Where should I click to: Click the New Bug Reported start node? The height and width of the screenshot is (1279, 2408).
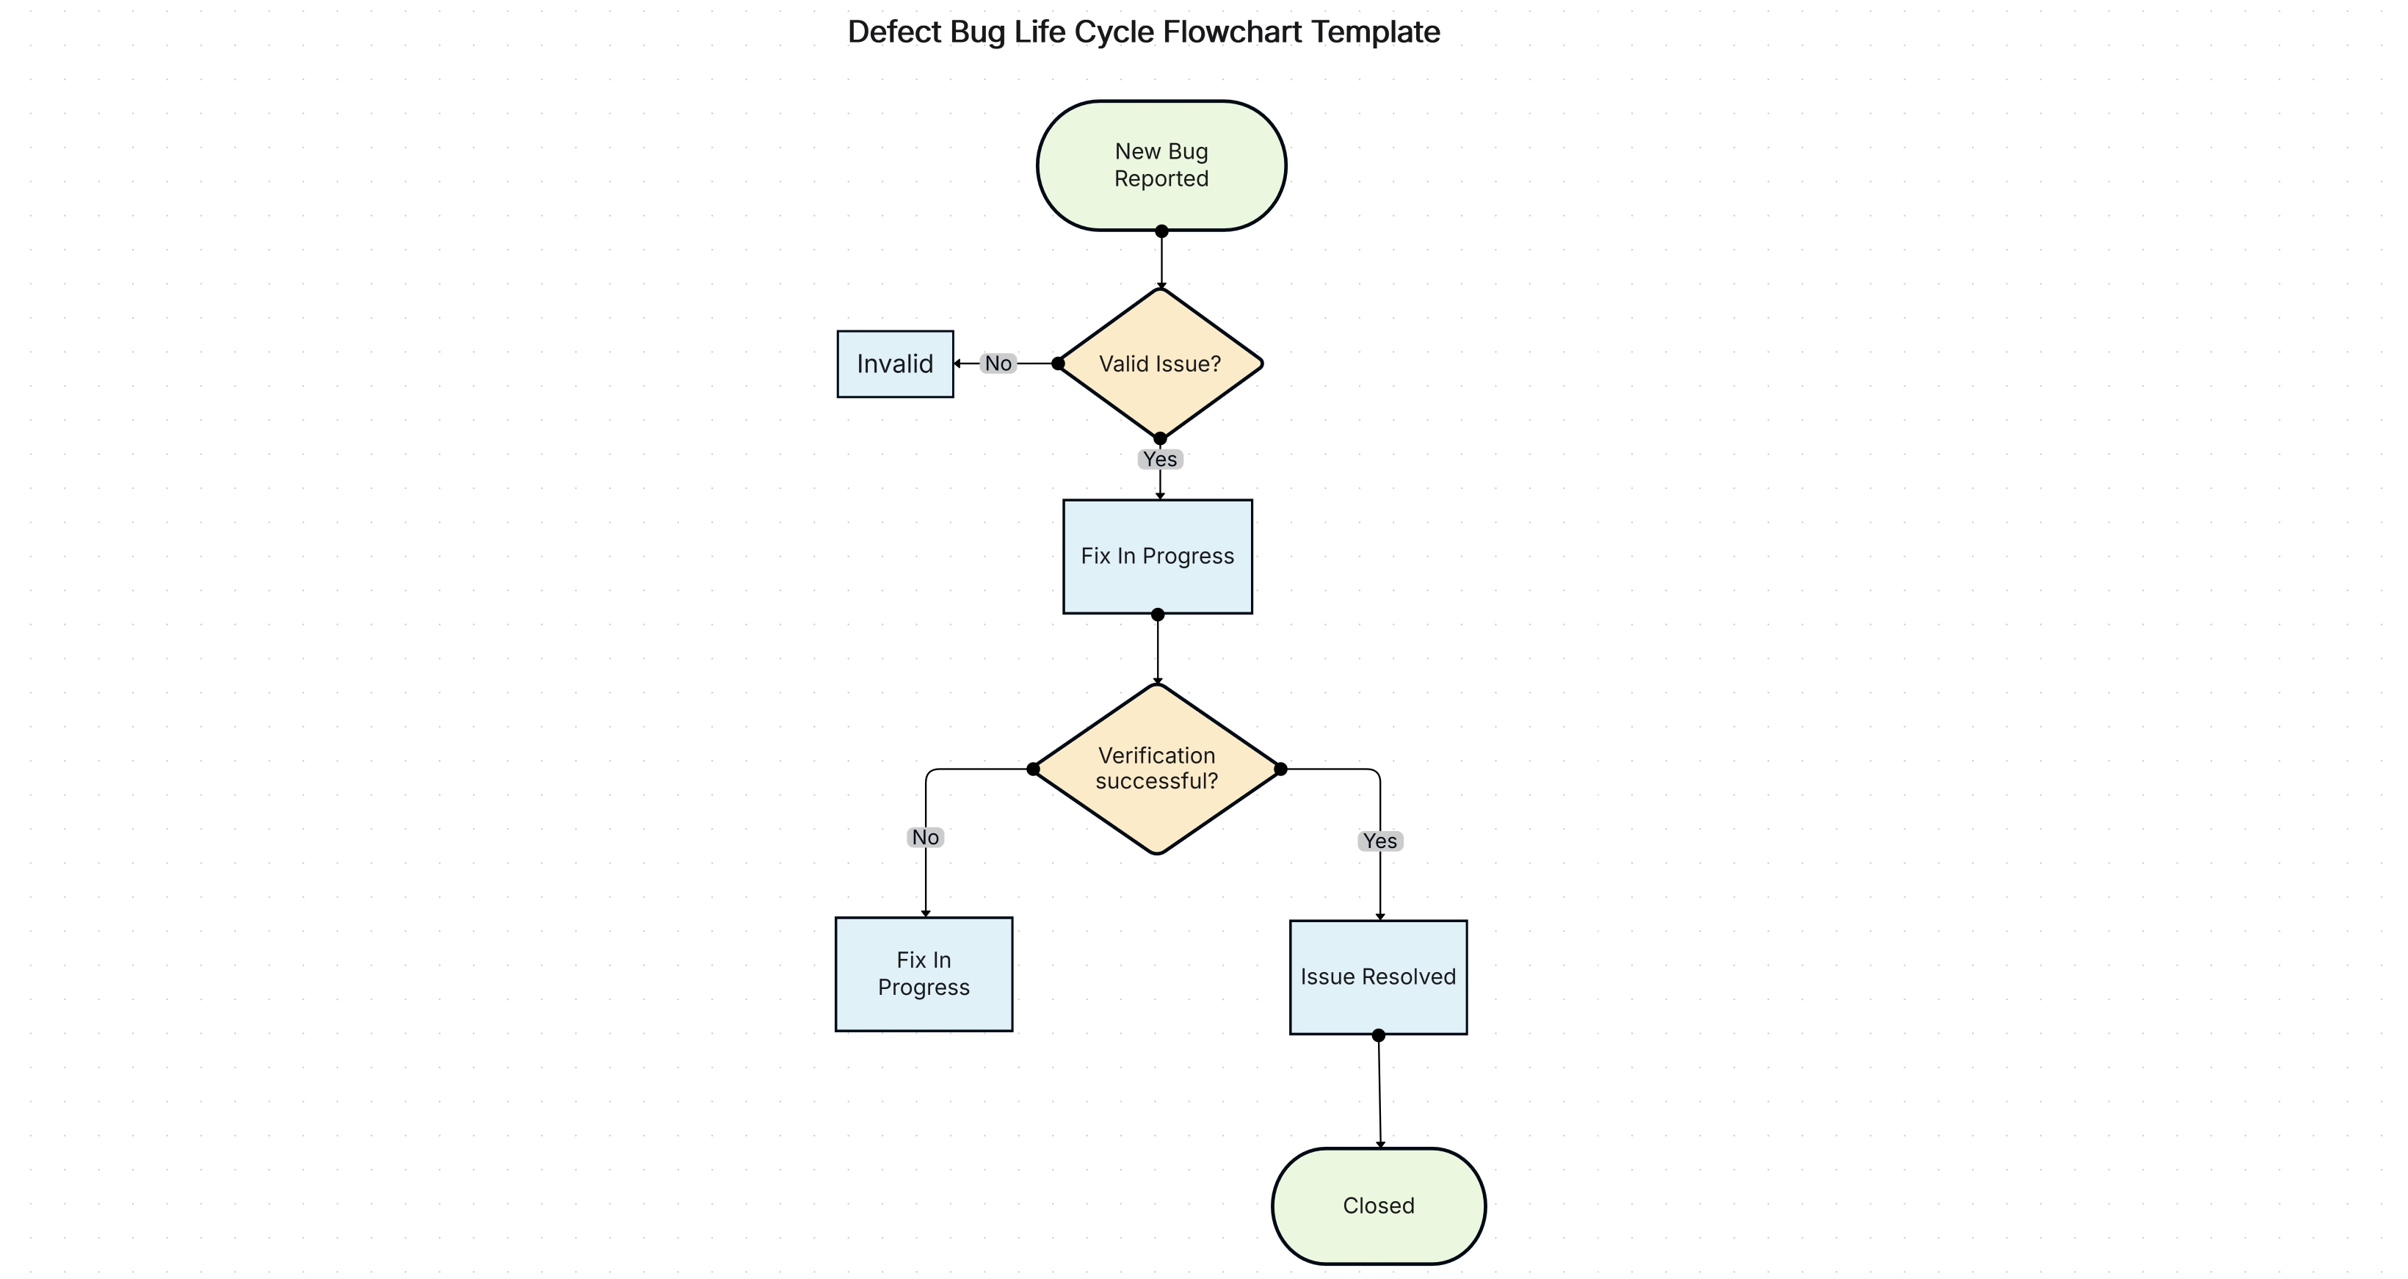click(1161, 165)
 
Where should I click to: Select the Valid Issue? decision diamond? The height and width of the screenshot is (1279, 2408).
click(1159, 363)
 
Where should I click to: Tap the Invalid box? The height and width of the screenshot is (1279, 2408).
click(895, 363)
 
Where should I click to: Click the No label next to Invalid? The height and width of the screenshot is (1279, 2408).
click(998, 363)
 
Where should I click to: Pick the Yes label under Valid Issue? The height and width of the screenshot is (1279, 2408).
click(1160, 459)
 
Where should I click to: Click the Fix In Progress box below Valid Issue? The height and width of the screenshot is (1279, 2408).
click(1157, 557)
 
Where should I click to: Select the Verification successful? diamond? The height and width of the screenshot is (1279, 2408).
click(1156, 769)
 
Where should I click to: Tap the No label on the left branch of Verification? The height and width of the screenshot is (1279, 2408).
click(926, 837)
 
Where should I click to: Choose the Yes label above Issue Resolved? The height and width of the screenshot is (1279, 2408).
click(1379, 841)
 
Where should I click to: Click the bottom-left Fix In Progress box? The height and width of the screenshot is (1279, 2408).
click(924, 974)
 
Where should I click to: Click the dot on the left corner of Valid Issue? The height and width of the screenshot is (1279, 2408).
click(1058, 363)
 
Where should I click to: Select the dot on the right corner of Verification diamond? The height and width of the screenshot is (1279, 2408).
click(1280, 769)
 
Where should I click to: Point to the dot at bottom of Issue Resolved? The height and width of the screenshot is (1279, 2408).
click(1378, 1035)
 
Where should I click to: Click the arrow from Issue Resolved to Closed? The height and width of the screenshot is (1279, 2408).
click(1379, 1094)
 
